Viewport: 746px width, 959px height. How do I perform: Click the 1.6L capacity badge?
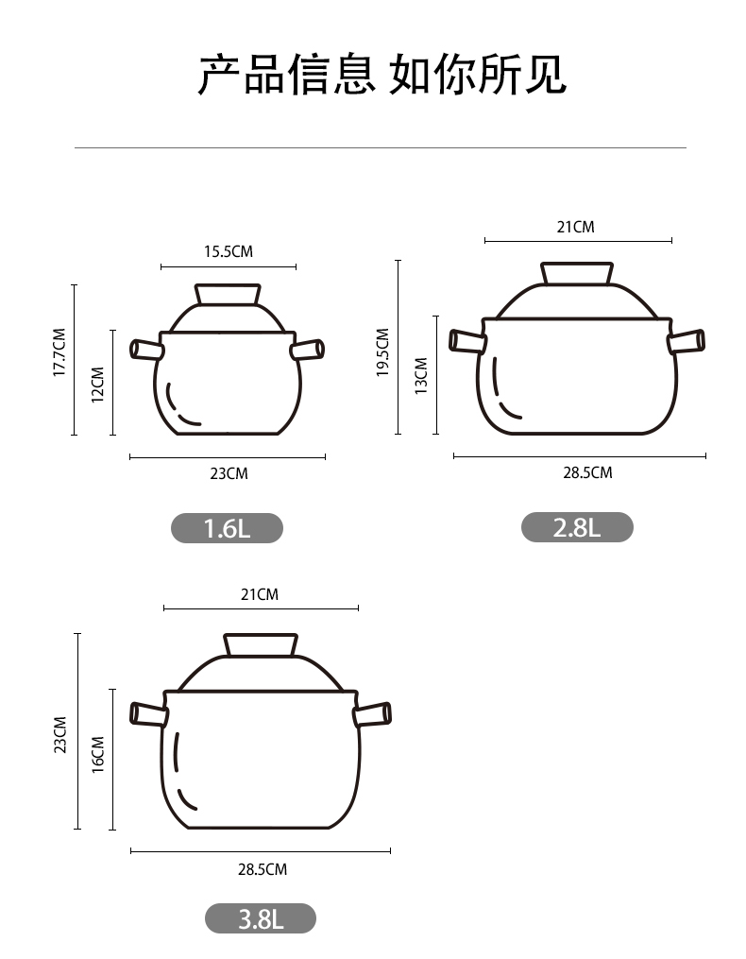click(227, 528)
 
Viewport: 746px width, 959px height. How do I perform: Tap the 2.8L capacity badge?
click(577, 526)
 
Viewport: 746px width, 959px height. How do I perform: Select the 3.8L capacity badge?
click(261, 918)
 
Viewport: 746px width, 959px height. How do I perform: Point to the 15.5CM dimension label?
click(229, 251)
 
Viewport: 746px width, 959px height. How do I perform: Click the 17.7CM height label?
click(59, 352)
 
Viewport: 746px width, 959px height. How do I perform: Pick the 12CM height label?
click(98, 385)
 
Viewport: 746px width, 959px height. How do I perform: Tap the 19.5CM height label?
click(382, 352)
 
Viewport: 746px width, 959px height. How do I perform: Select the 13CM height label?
click(421, 376)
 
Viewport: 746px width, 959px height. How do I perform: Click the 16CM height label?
click(98, 755)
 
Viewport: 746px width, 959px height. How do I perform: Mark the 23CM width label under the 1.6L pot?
click(229, 473)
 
